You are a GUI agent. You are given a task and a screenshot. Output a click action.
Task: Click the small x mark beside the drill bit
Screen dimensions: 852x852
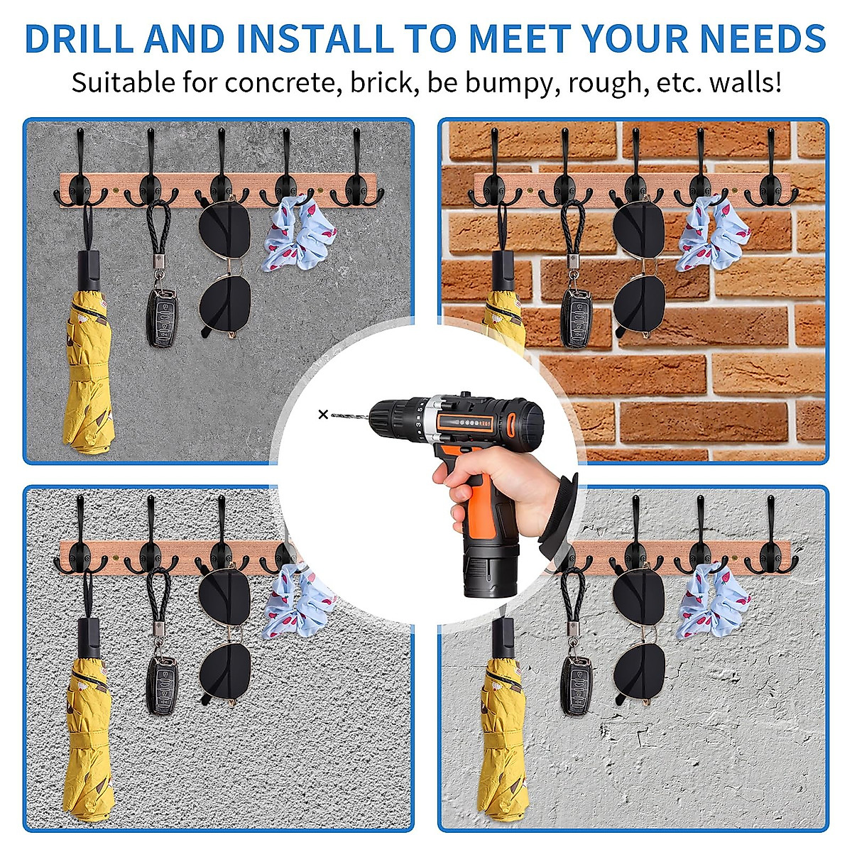click(x=323, y=414)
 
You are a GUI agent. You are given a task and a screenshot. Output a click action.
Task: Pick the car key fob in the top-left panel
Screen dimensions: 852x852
click(x=162, y=317)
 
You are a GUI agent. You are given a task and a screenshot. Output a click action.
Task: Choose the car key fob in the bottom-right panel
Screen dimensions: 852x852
click(x=576, y=684)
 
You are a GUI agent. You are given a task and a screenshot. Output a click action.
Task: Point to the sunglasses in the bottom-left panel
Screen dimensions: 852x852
click(x=224, y=639)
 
